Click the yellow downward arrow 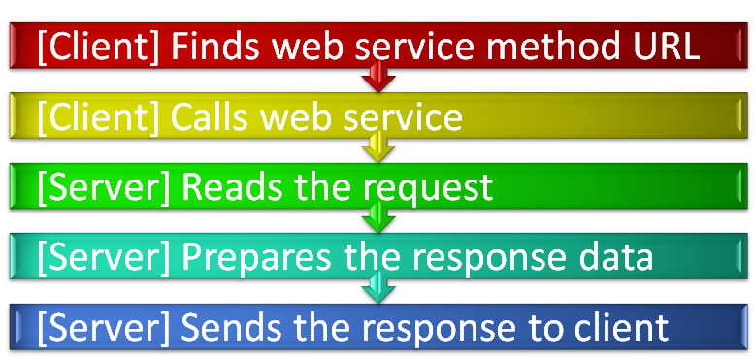[x=377, y=150]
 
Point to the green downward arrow [x=377, y=220]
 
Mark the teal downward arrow [x=377, y=289]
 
